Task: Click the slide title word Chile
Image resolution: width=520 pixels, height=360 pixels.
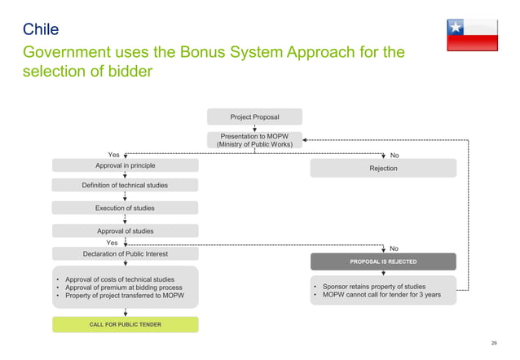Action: [40, 31]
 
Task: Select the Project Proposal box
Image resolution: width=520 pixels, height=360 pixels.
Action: [254, 117]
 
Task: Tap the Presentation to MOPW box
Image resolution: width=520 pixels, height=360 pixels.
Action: [254, 139]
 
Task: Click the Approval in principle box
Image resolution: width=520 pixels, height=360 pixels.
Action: [125, 165]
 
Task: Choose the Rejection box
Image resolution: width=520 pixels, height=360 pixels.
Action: [383, 168]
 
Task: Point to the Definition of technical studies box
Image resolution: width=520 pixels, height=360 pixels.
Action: [125, 186]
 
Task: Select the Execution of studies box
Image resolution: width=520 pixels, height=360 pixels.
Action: [125, 209]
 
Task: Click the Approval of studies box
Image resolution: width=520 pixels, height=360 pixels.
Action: [125, 231]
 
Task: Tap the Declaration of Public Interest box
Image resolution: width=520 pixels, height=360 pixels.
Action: [125, 254]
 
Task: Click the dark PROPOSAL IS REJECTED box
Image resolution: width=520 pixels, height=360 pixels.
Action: [383, 261]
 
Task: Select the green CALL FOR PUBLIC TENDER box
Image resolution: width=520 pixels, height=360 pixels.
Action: [125, 325]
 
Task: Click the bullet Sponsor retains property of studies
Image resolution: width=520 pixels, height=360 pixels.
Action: [379, 287]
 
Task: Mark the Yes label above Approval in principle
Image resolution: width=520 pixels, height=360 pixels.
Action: [114, 155]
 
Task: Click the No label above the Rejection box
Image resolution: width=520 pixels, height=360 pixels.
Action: [394, 155]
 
